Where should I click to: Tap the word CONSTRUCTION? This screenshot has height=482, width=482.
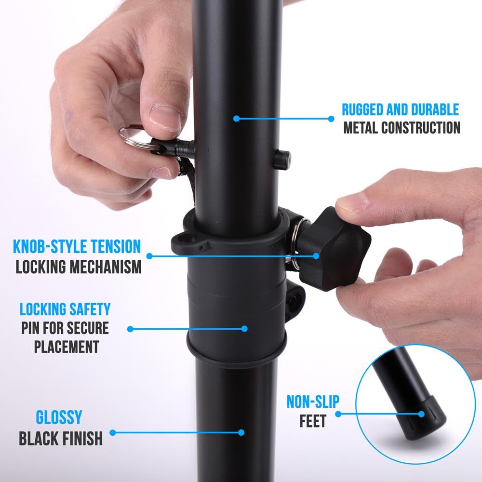(x=420, y=128)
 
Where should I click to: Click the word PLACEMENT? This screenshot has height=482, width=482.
(x=67, y=346)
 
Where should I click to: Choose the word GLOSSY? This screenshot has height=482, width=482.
(x=59, y=417)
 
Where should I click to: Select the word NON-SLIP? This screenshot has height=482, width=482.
(x=313, y=402)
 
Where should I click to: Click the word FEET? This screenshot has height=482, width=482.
(x=313, y=422)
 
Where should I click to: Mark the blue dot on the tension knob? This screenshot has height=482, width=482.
(x=317, y=256)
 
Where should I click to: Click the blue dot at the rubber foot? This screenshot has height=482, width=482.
(x=421, y=414)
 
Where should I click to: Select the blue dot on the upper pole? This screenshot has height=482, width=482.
(x=236, y=118)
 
